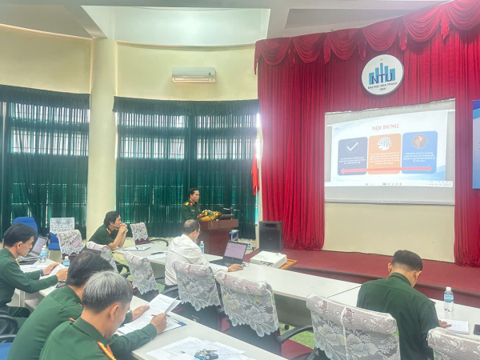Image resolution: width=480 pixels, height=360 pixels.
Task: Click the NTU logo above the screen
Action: click(x=382, y=74)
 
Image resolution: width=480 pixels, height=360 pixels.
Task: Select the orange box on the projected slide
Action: click(x=384, y=153)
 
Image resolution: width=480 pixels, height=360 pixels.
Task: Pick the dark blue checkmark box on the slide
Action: click(x=352, y=155)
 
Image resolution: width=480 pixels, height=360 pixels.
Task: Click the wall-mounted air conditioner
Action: click(x=194, y=74)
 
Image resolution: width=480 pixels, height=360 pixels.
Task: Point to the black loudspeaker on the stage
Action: click(x=270, y=235)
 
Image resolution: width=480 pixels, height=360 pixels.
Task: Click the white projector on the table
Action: click(x=268, y=258)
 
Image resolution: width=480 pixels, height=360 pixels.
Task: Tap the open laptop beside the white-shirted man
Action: click(x=233, y=254)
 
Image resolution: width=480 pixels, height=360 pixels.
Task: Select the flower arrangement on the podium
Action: click(x=210, y=214)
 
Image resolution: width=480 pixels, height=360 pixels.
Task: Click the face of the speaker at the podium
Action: click(x=193, y=195)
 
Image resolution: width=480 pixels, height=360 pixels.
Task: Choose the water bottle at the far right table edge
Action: click(x=449, y=302)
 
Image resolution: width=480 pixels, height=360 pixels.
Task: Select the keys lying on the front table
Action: click(x=206, y=354)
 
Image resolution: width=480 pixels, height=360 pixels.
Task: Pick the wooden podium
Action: click(x=218, y=235)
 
